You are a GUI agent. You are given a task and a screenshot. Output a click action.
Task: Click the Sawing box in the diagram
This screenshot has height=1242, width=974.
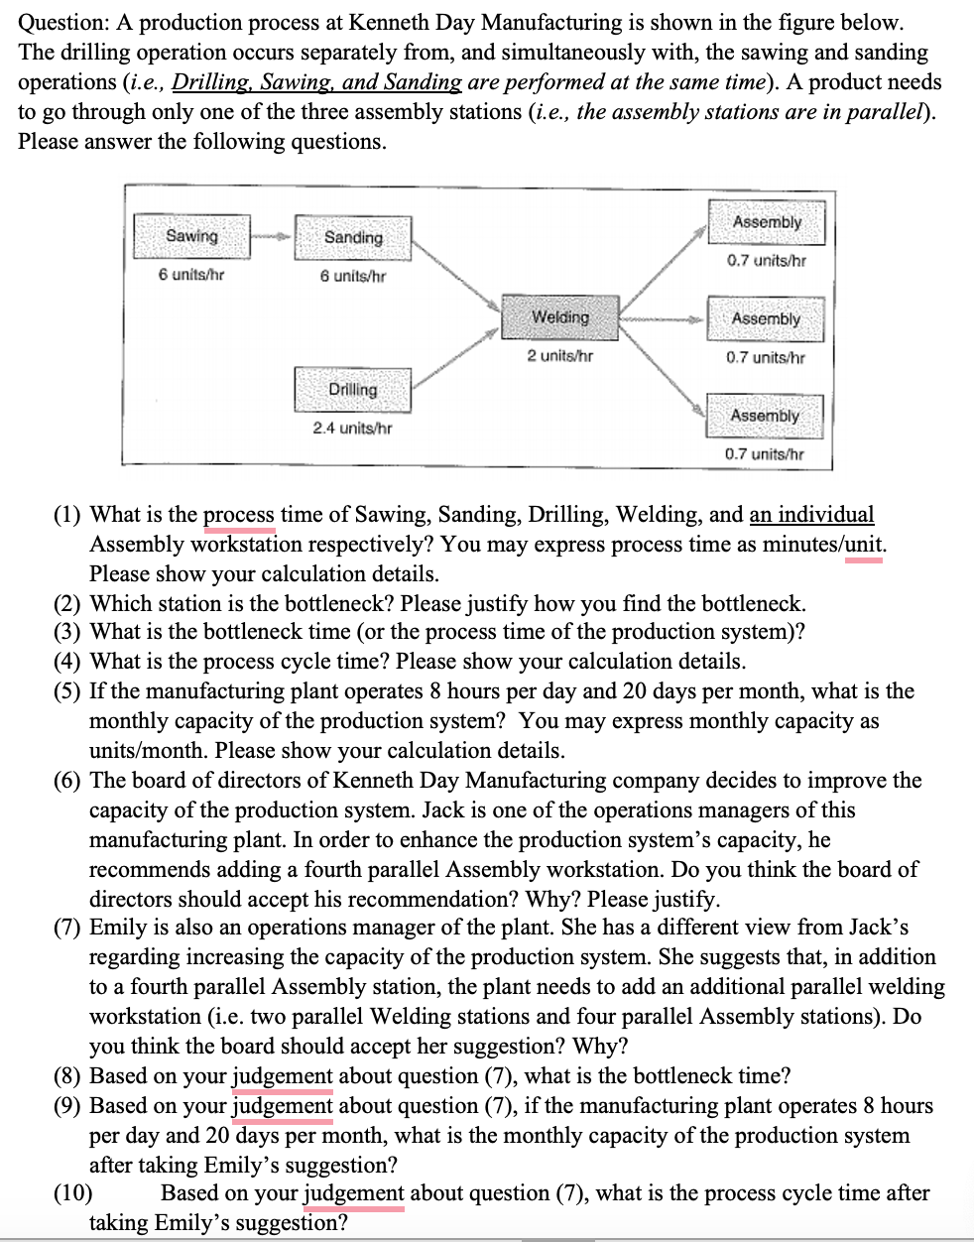191,236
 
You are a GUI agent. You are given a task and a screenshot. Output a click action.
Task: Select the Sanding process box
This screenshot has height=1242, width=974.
353,237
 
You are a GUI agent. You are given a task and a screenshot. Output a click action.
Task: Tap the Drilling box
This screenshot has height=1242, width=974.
352,390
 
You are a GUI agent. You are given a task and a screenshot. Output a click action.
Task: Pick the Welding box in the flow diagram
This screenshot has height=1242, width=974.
559,317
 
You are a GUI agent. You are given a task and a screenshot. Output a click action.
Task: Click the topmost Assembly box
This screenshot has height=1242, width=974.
766,222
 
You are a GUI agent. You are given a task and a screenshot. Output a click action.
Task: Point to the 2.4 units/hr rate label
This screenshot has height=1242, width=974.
352,429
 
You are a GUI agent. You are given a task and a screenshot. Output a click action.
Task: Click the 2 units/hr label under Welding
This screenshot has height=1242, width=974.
559,355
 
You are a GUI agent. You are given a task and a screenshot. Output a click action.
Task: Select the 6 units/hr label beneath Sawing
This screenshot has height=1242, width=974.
191,275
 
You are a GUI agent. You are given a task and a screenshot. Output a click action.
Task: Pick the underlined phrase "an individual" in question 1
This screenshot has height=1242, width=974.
811,515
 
